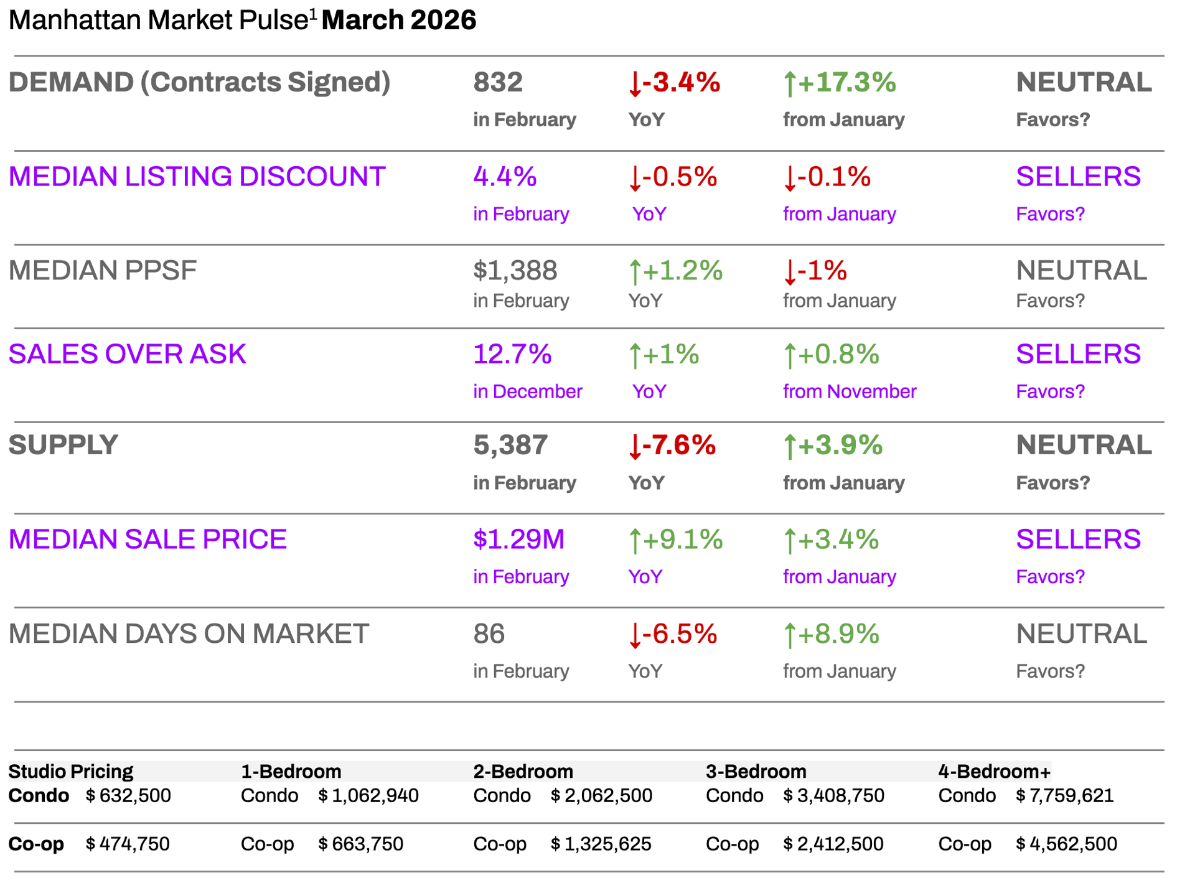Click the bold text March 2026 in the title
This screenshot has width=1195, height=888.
398,20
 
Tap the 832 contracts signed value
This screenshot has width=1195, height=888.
498,82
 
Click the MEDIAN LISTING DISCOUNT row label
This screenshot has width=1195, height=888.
197,177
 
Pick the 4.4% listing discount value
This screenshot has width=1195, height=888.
505,177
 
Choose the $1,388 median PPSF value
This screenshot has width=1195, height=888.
515,271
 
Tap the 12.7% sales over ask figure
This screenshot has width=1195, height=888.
512,354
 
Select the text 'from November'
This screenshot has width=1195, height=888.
849,391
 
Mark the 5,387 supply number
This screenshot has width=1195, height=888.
510,445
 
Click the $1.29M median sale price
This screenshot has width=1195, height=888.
518,540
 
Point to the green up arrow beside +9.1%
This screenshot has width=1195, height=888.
634,541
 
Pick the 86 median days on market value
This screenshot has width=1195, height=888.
489,634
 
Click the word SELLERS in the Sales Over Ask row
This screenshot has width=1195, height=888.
1078,354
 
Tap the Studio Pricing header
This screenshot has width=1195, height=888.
70,772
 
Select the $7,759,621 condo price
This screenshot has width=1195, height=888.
1064,796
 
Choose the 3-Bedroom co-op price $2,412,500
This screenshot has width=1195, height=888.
833,844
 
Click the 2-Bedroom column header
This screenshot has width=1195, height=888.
523,772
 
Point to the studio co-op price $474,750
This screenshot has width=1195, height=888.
127,844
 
